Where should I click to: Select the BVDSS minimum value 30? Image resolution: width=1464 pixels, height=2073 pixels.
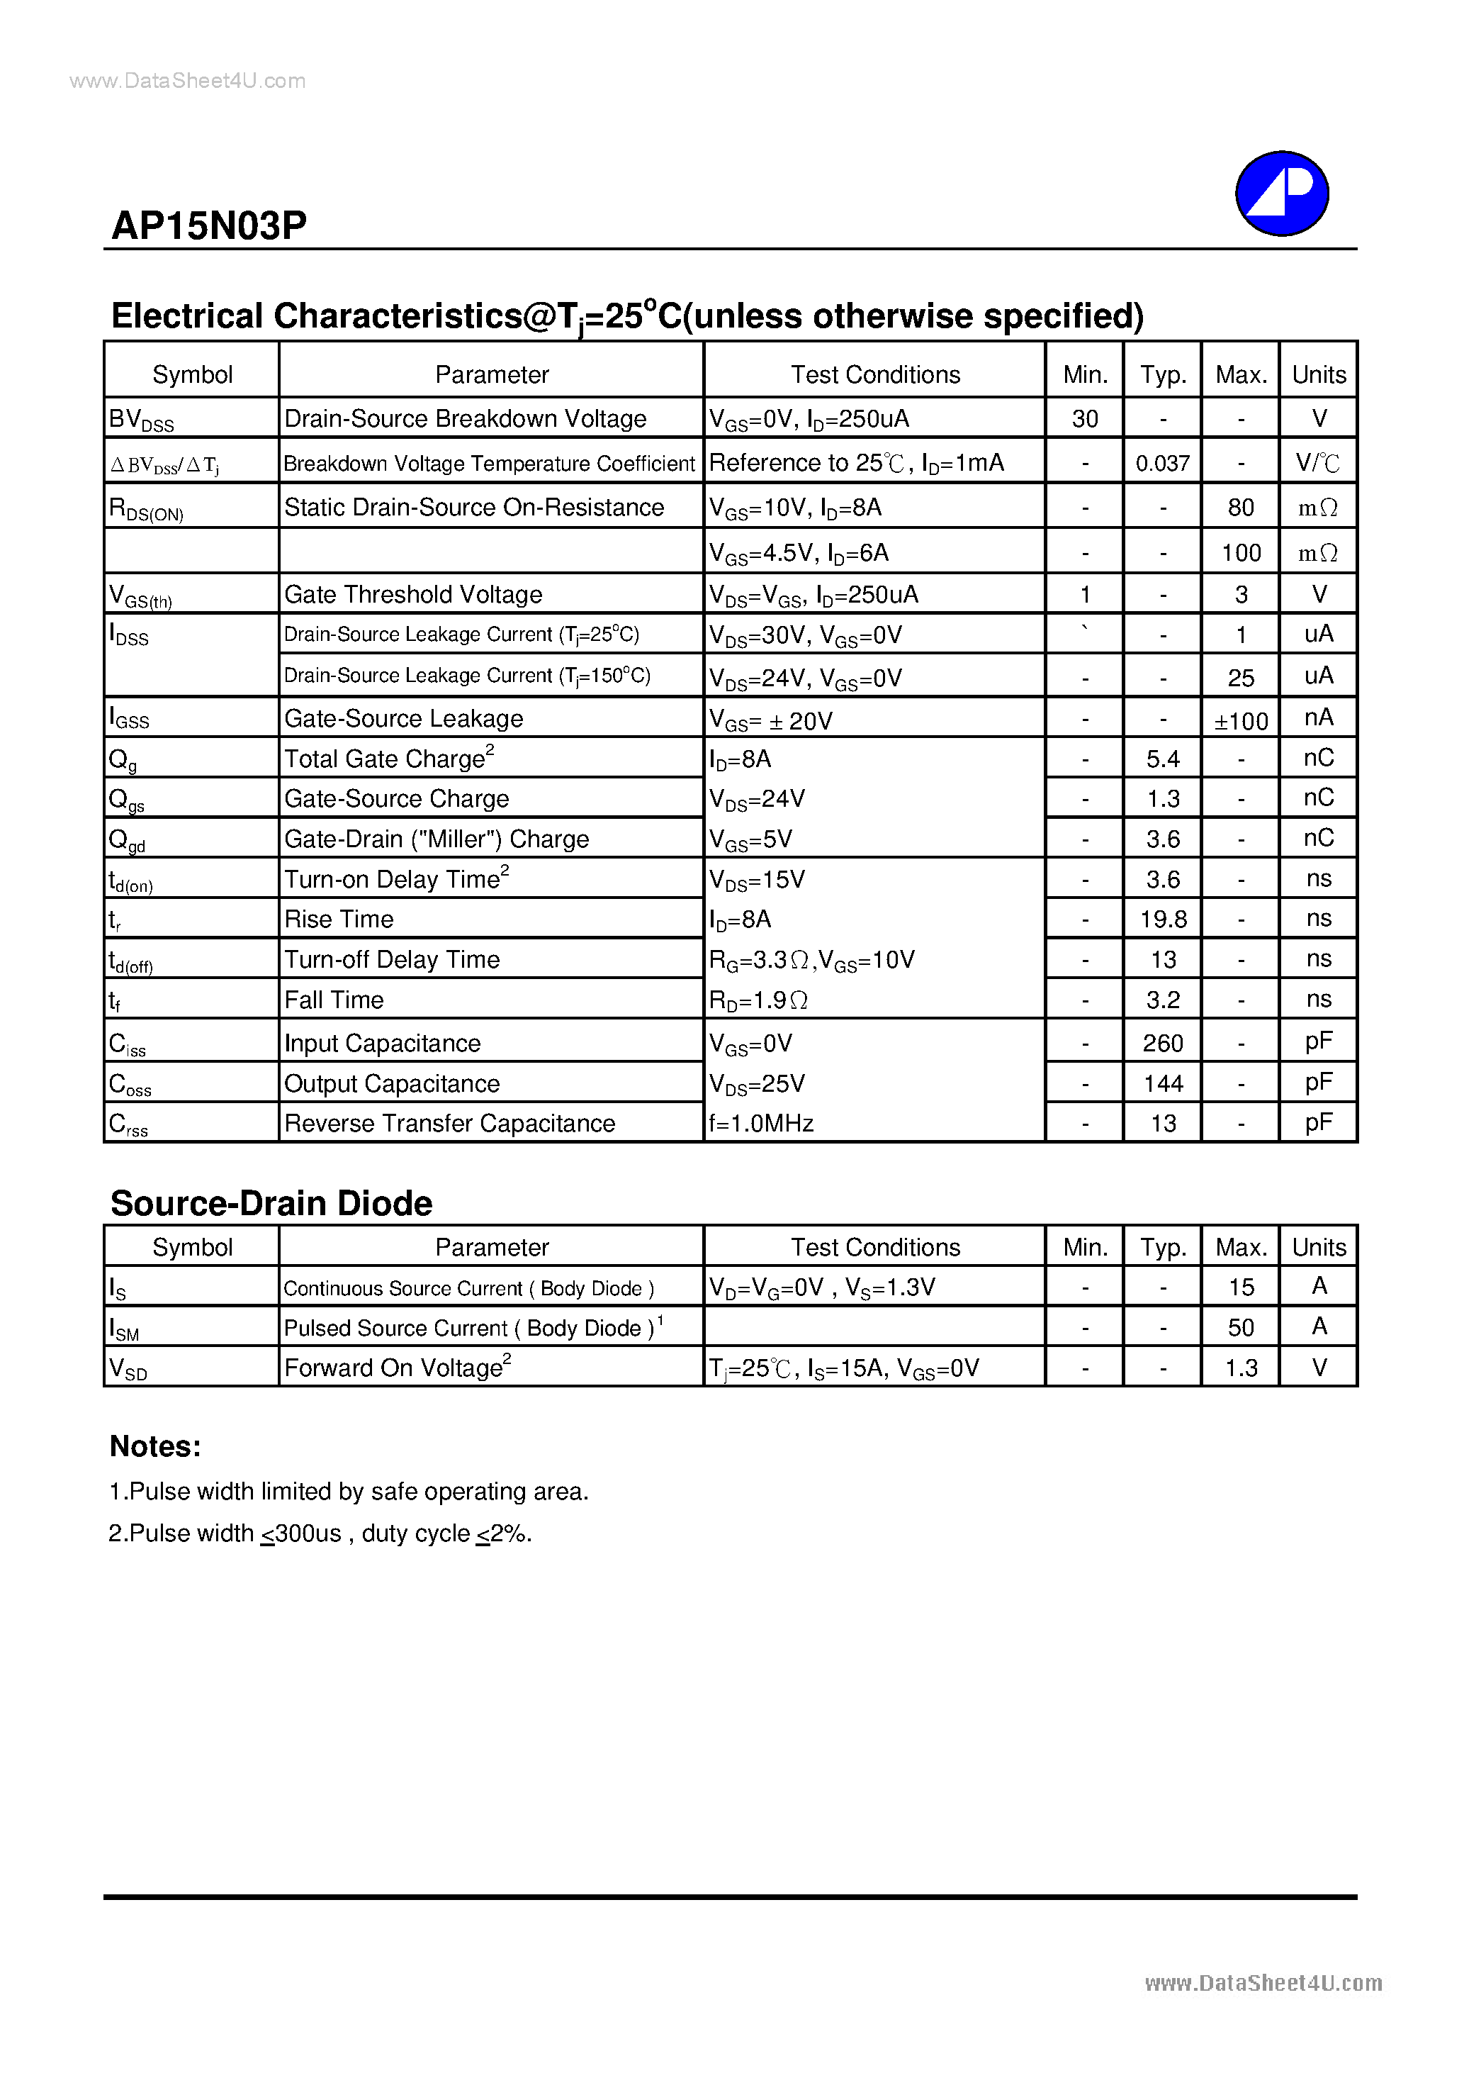point(1084,419)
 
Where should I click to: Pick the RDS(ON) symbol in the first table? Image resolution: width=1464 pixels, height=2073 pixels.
point(146,509)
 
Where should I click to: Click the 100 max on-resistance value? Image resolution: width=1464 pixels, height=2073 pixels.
point(1240,552)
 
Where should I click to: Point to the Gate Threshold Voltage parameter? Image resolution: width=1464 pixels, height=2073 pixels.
point(412,594)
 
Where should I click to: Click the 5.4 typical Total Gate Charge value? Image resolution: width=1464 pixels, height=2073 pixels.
point(1163,759)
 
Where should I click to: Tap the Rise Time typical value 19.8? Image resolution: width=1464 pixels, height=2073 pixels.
point(1163,919)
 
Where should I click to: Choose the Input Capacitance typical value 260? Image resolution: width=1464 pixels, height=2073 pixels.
point(1163,1044)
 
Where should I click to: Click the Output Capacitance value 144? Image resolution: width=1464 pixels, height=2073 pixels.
point(1163,1083)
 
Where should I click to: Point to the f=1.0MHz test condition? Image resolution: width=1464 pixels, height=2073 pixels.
point(761,1123)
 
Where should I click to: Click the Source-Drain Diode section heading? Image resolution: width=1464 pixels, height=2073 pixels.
point(271,1204)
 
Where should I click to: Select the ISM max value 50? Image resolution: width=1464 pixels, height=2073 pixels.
point(1240,1327)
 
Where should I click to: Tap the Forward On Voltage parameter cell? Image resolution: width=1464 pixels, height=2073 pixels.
point(397,1368)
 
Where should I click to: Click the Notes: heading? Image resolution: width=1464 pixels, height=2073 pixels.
point(155,1446)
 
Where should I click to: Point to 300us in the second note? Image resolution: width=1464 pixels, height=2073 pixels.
point(307,1533)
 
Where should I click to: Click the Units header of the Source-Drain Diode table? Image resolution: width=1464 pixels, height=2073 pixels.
point(1318,1247)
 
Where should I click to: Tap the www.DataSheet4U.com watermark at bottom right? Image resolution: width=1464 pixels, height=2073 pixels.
point(1263,1983)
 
